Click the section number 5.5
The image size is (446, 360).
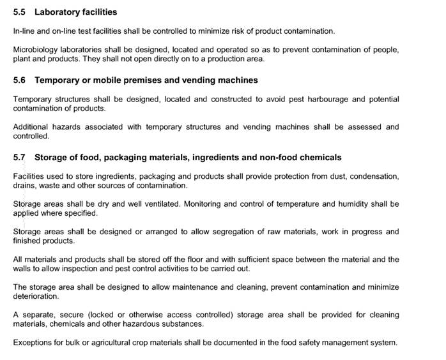[19, 12]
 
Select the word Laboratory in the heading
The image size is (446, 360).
[58, 12]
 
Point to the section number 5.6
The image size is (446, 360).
[19, 80]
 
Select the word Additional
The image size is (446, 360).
[33, 127]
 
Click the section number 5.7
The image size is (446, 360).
[19, 158]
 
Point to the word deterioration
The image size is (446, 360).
[36, 297]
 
